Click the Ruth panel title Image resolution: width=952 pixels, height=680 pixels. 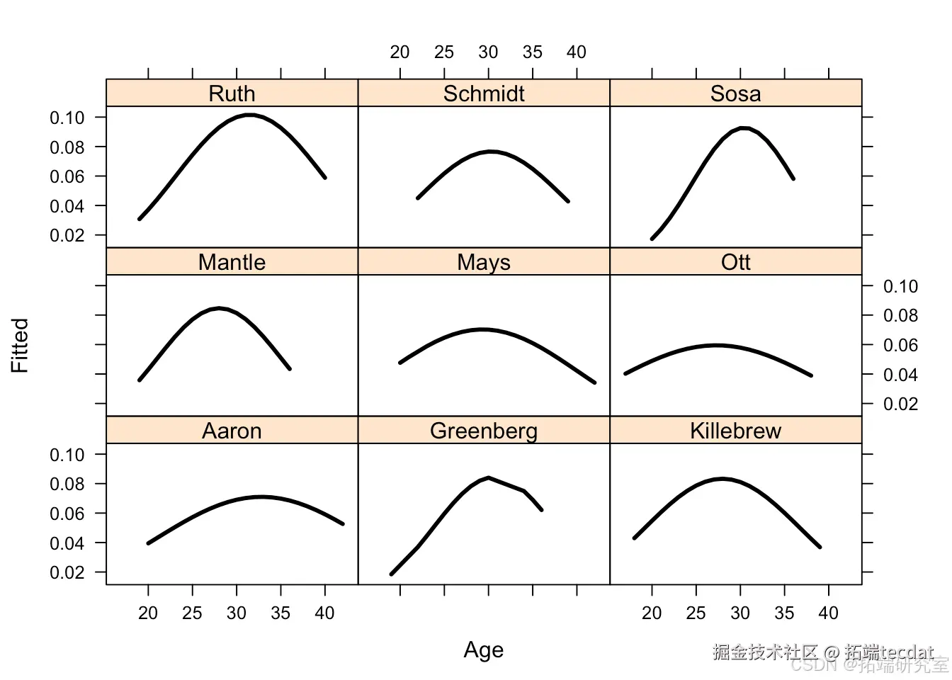click(x=232, y=93)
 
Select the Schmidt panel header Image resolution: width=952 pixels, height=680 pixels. click(x=484, y=93)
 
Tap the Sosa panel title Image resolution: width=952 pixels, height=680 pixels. click(x=735, y=93)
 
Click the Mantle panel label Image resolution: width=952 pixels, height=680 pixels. click(x=232, y=262)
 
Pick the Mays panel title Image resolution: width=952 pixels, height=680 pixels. click(x=484, y=262)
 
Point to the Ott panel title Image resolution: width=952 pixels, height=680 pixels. click(x=735, y=262)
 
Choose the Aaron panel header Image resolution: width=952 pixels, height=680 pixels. click(x=232, y=431)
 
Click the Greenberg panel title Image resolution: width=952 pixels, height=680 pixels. click(x=484, y=431)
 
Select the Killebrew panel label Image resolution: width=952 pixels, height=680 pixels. click(x=735, y=431)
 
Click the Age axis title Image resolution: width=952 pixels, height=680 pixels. click(x=484, y=650)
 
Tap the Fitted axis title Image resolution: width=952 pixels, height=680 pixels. click(x=20, y=345)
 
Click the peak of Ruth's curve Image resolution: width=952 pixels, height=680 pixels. click(x=250, y=115)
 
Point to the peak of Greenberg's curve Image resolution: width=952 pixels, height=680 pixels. click(x=489, y=477)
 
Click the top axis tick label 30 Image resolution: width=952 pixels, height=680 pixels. click(x=488, y=52)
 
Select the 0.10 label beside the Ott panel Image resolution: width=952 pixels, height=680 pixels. click(x=900, y=286)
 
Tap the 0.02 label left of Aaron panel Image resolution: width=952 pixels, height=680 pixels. click(x=67, y=572)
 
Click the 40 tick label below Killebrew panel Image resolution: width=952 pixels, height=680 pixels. click(x=828, y=613)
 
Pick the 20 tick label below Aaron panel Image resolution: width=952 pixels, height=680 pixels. click(x=148, y=613)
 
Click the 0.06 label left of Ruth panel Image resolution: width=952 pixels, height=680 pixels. click(x=67, y=176)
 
